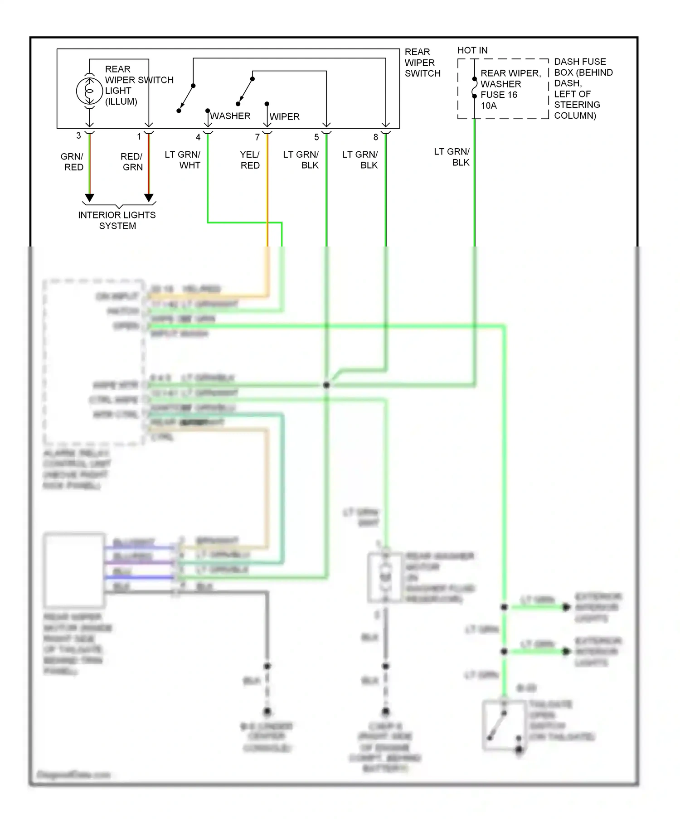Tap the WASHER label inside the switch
pos(230,116)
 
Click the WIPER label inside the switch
pos(285,117)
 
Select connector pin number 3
pos(78,136)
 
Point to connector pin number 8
pos(375,137)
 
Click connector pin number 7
pos(257,137)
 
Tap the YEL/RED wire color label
pos(250,160)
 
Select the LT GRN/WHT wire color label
pos(183,160)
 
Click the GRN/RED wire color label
pos(73,162)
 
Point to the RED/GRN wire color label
pos(132,162)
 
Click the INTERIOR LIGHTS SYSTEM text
pos(117,220)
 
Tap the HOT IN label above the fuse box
pos(472,50)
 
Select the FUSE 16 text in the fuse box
pos(499,95)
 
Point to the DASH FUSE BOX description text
pos(583,88)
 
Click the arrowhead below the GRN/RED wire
pos(90,198)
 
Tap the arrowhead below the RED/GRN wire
pos(149,198)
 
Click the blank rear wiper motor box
pos(74,570)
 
